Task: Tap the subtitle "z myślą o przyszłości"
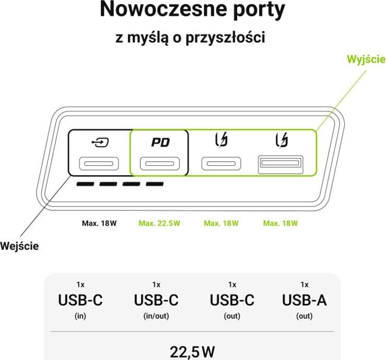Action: (x=190, y=38)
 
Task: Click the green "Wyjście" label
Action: (x=366, y=59)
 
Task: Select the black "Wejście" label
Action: (x=19, y=246)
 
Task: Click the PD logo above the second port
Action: (x=161, y=142)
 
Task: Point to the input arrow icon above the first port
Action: (x=100, y=142)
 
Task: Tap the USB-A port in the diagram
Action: (x=281, y=164)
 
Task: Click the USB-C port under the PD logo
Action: (x=160, y=163)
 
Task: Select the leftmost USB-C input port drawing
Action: (x=99, y=163)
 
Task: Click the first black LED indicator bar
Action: (x=85, y=184)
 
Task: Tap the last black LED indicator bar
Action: (x=155, y=184)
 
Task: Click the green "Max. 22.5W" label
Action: (x=160, y=223)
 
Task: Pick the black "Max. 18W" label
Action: (x=99, y=223)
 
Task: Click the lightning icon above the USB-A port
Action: (x=282, y=140)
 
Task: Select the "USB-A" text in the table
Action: (x=305, y=300)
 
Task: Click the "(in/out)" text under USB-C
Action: (x=156, y=316)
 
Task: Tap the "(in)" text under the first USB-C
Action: (x=80, y=316)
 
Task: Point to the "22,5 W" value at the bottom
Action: (x=192, y=352)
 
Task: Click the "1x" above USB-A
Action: (x=305, y=285)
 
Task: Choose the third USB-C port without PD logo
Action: (x=221, y=163)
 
